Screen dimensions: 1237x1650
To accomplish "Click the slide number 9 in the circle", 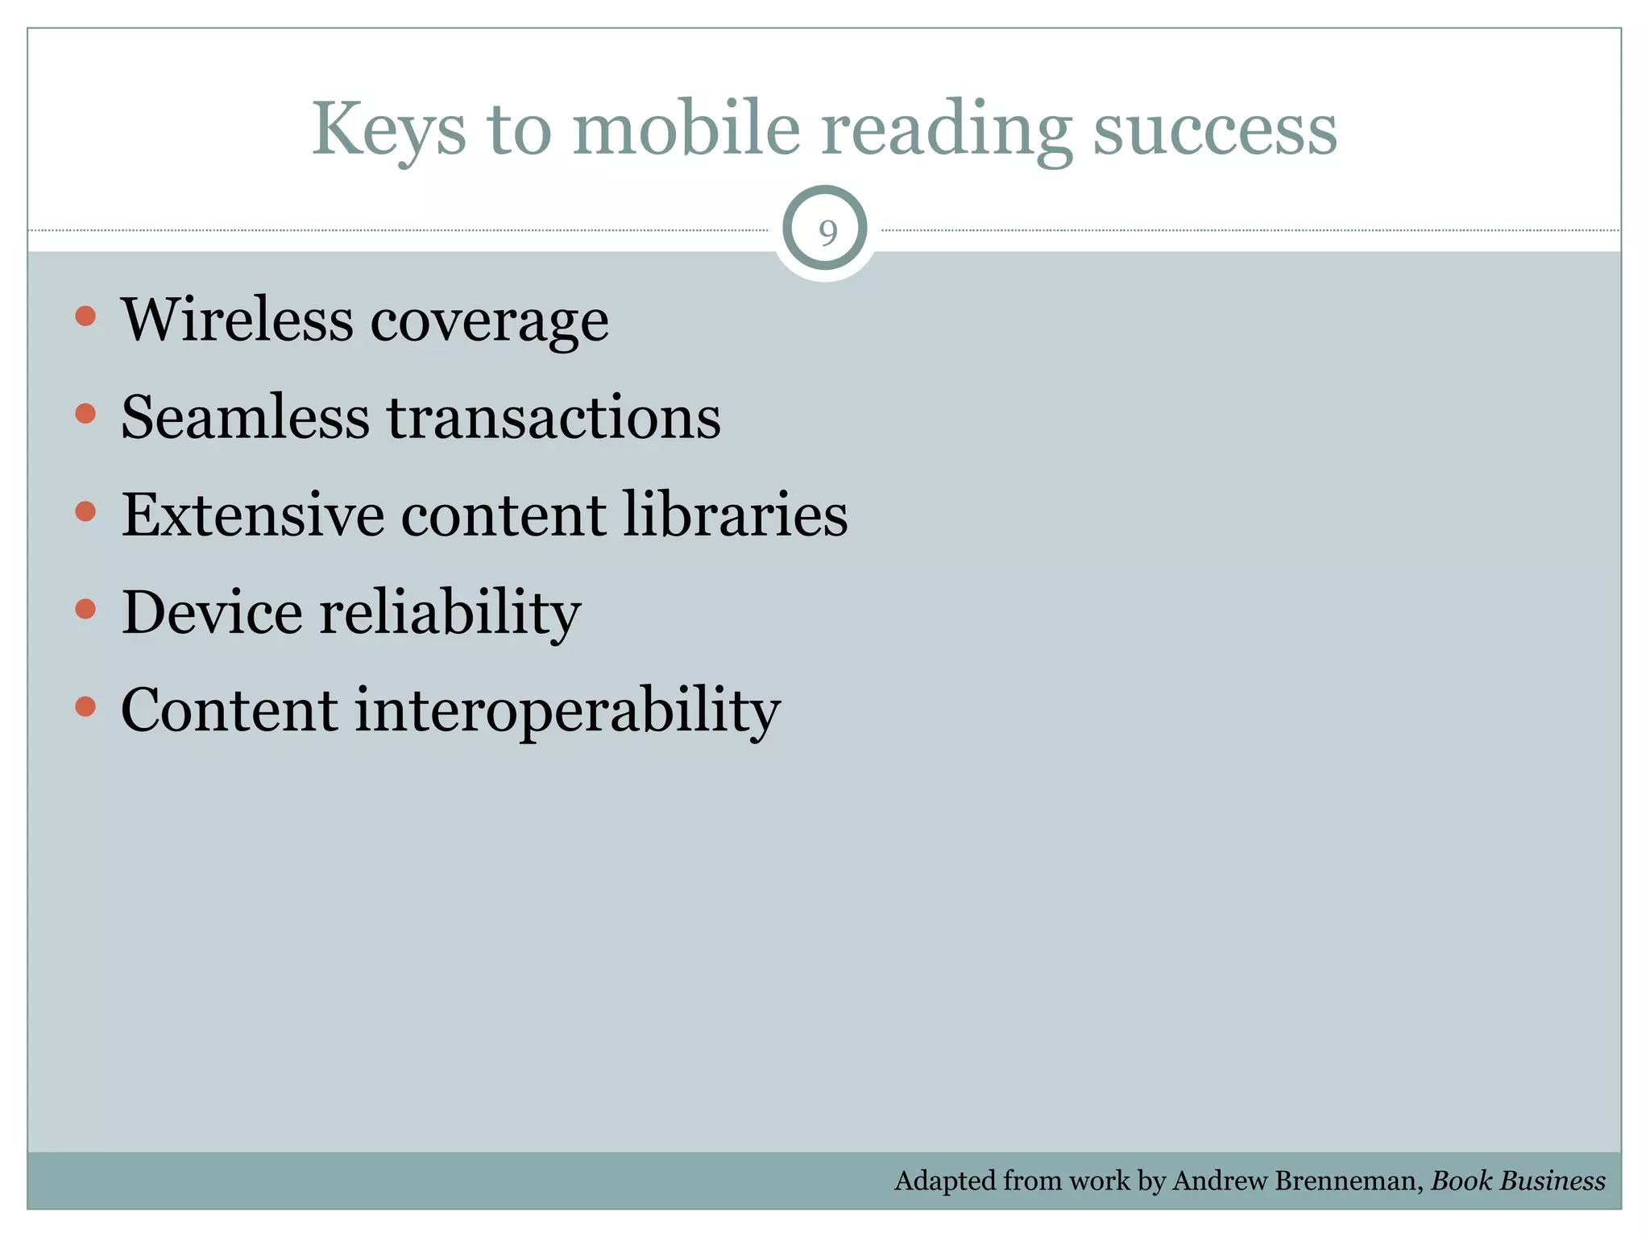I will (827, 232).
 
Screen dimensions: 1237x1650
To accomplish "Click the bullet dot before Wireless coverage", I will (85, 316).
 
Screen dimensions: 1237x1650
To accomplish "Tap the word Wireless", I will (237, 320).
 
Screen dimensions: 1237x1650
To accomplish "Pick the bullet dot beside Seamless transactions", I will (85, 414).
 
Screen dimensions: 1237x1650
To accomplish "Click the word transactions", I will (554, 418).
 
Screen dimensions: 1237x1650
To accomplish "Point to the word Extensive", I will (252, 515).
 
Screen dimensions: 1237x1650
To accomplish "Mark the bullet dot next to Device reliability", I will (85, 609).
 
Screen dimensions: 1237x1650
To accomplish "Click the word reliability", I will (450, 614).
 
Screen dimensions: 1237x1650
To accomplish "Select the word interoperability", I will (567, 711).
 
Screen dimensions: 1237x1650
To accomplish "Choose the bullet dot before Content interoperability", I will (85, 707).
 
